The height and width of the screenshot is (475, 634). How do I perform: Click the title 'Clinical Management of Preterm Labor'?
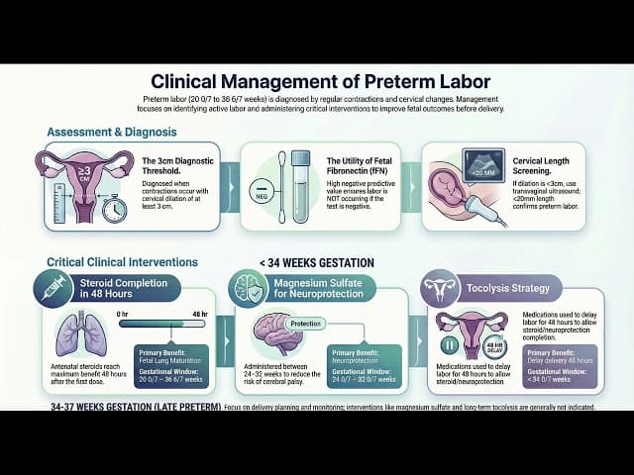316,82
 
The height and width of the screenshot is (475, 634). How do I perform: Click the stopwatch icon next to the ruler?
113,209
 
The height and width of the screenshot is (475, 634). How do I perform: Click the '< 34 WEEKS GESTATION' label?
316,262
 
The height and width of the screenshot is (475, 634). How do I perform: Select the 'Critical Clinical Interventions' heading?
122,262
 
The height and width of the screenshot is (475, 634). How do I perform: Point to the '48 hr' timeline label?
198,314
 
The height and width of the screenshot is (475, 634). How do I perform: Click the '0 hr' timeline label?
124,314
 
